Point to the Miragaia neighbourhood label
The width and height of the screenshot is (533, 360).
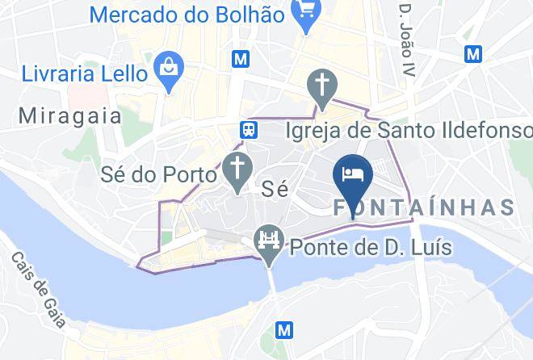(x=70, y=116)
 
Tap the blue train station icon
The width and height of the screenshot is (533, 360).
(x=249, y=129)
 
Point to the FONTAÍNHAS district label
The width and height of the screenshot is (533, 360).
(x=424, y=207)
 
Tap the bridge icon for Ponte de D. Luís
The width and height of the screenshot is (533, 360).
(x=267, y=241)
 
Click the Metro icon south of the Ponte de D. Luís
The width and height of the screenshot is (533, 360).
(x=283, y=329)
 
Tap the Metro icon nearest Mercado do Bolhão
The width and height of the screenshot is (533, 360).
(x=239, y=59)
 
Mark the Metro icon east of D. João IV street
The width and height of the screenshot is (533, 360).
(x=473, y=53)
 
